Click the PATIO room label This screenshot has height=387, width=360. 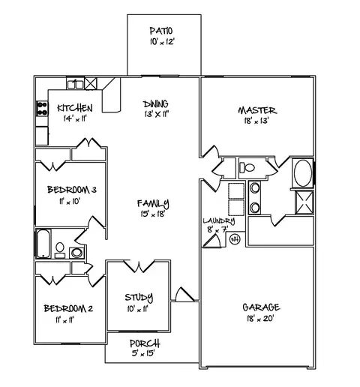pos(160,31)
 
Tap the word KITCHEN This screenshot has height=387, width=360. pos(75,108)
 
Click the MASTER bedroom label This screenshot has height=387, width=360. pos(254,109)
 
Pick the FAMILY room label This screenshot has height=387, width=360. pos(153,203)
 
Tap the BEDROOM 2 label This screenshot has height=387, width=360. pos(67,308)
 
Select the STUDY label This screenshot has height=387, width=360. pos(139,296)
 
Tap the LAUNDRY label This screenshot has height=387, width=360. pos(218,220)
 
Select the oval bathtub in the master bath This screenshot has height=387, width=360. pos(303,173)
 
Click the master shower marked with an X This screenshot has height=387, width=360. pos(303,202)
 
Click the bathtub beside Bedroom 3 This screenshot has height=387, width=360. pos(42,244)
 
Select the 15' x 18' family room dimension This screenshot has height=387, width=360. pos(153,214)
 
